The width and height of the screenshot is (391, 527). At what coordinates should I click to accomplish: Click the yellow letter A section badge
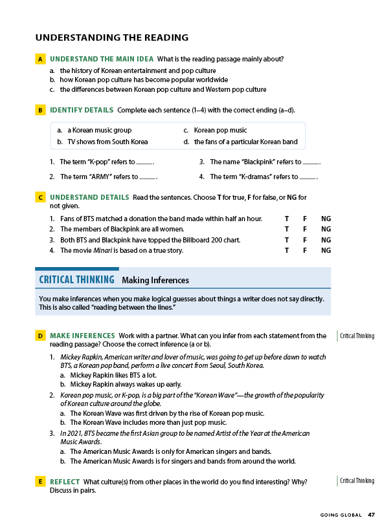tap(40, 59)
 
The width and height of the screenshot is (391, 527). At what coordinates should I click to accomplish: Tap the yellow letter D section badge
tap(40, 336)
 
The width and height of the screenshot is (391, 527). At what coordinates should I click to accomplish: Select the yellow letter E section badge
tap(40, 482)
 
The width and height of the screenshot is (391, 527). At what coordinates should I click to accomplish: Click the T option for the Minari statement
tap(287, 250)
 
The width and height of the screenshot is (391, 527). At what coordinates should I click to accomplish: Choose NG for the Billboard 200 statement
tap(326, 240)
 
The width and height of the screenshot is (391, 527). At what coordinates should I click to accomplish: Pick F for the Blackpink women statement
tap(306, 229)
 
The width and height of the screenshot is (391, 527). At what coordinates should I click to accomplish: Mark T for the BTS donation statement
tap(287, 219)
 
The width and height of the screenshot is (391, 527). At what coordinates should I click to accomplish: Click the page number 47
tap(371, 515)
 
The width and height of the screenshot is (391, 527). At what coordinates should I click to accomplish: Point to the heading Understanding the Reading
tap(112, 38)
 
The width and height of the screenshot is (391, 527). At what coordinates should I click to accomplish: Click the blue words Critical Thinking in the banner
tap(77, 280)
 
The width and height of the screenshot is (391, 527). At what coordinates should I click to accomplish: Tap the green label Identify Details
tap(82, 110)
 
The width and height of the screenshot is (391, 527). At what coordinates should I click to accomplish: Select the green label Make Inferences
tap(82, 336)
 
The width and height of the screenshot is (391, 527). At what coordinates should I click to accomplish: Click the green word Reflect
tap(65, 482)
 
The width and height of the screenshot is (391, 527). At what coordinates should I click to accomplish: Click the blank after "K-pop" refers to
tap(145, 162)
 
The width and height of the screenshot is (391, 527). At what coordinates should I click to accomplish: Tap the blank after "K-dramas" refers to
tap(307, 177)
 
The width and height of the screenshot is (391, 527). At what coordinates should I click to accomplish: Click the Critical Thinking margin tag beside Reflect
tap(357, 481)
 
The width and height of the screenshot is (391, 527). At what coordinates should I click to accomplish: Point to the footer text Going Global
tap(340, 515)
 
